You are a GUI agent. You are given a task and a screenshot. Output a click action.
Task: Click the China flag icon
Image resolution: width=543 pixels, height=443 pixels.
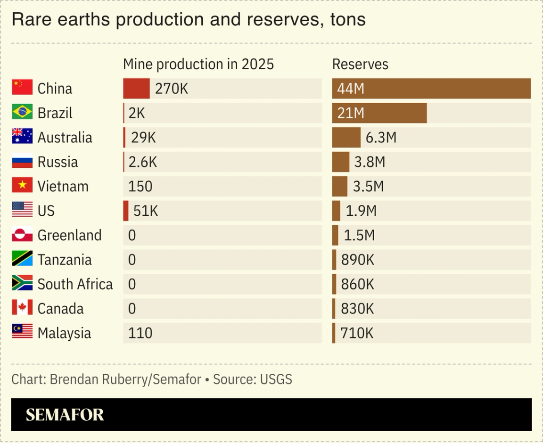pos(22,88)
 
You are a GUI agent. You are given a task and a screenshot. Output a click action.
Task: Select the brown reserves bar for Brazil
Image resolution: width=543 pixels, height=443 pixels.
pos(379,113)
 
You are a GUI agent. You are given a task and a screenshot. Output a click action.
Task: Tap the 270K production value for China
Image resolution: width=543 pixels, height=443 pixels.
pos(171,89)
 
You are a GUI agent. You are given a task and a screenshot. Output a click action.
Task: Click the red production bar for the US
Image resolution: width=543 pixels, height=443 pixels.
pos(126,211)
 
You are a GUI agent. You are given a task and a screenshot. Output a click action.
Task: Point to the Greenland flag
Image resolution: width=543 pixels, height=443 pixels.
pos(22,235)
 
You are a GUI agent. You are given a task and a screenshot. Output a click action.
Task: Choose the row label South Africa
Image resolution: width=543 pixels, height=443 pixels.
pos(75,284)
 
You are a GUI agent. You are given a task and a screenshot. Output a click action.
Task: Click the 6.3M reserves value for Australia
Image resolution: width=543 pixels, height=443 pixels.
pos(381,138)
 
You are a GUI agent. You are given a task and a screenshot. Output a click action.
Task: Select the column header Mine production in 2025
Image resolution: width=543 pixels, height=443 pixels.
pos(198,64)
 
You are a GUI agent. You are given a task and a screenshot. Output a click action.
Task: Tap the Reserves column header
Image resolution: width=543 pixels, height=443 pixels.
pos(360,64)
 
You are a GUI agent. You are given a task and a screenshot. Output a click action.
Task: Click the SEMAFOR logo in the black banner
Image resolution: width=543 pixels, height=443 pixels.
pos(65,415)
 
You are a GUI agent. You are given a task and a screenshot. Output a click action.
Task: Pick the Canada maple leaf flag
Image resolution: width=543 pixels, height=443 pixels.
pos(22,308)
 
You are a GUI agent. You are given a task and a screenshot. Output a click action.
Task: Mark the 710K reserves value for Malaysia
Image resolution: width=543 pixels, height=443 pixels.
pos(357,333)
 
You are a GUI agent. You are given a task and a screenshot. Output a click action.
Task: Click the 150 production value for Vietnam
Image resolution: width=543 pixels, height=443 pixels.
pos(140,186)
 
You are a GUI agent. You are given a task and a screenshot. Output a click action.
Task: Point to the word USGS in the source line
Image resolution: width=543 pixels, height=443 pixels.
pos(276,379)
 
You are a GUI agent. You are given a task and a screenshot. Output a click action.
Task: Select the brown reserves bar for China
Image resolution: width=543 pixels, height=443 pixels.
pos(431,89)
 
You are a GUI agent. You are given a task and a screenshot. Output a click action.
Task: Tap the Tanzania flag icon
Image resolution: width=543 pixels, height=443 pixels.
pos(22,259)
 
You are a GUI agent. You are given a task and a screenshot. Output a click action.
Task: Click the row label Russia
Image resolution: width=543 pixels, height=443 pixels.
pos(58,162)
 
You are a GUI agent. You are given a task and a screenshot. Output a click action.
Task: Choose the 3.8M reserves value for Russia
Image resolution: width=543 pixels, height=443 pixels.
pos(370,162)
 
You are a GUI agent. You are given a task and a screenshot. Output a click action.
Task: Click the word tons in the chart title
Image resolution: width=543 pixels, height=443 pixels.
pos(347,19)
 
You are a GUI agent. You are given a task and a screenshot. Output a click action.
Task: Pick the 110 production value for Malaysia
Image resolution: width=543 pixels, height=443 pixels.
pos(140,333)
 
